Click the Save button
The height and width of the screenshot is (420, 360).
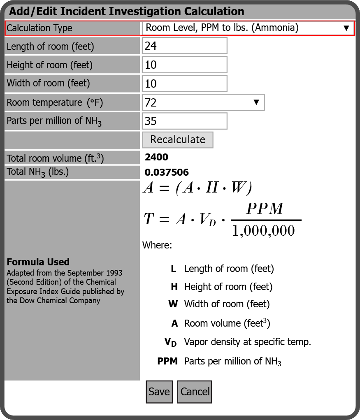pos(159,392)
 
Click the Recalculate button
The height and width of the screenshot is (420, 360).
pos(178,139)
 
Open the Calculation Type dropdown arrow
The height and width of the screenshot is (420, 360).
pos(346,28)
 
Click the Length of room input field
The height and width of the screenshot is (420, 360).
pos(184,46)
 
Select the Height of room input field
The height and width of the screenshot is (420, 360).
pos(184,65)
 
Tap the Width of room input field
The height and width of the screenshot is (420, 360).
pos(184,84)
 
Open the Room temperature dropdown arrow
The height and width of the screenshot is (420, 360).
pos(256,102)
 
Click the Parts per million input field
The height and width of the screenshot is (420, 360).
pos(184,121)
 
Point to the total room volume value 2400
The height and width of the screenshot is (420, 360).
pos(156,157)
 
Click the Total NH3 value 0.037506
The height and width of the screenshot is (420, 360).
pos(167,172)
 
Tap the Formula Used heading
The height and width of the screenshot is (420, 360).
pos(38,262)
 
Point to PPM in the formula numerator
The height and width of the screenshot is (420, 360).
pos(265,209)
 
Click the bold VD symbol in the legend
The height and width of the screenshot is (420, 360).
pos(171,342)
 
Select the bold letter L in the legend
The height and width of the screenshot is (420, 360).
pos(174,269)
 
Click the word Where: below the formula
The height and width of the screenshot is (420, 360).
pos(157,246)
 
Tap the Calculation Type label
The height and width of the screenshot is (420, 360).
pos(39,28)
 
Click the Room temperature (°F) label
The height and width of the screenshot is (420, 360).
pos(55,102)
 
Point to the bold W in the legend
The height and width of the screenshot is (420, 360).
pos(173,304)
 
